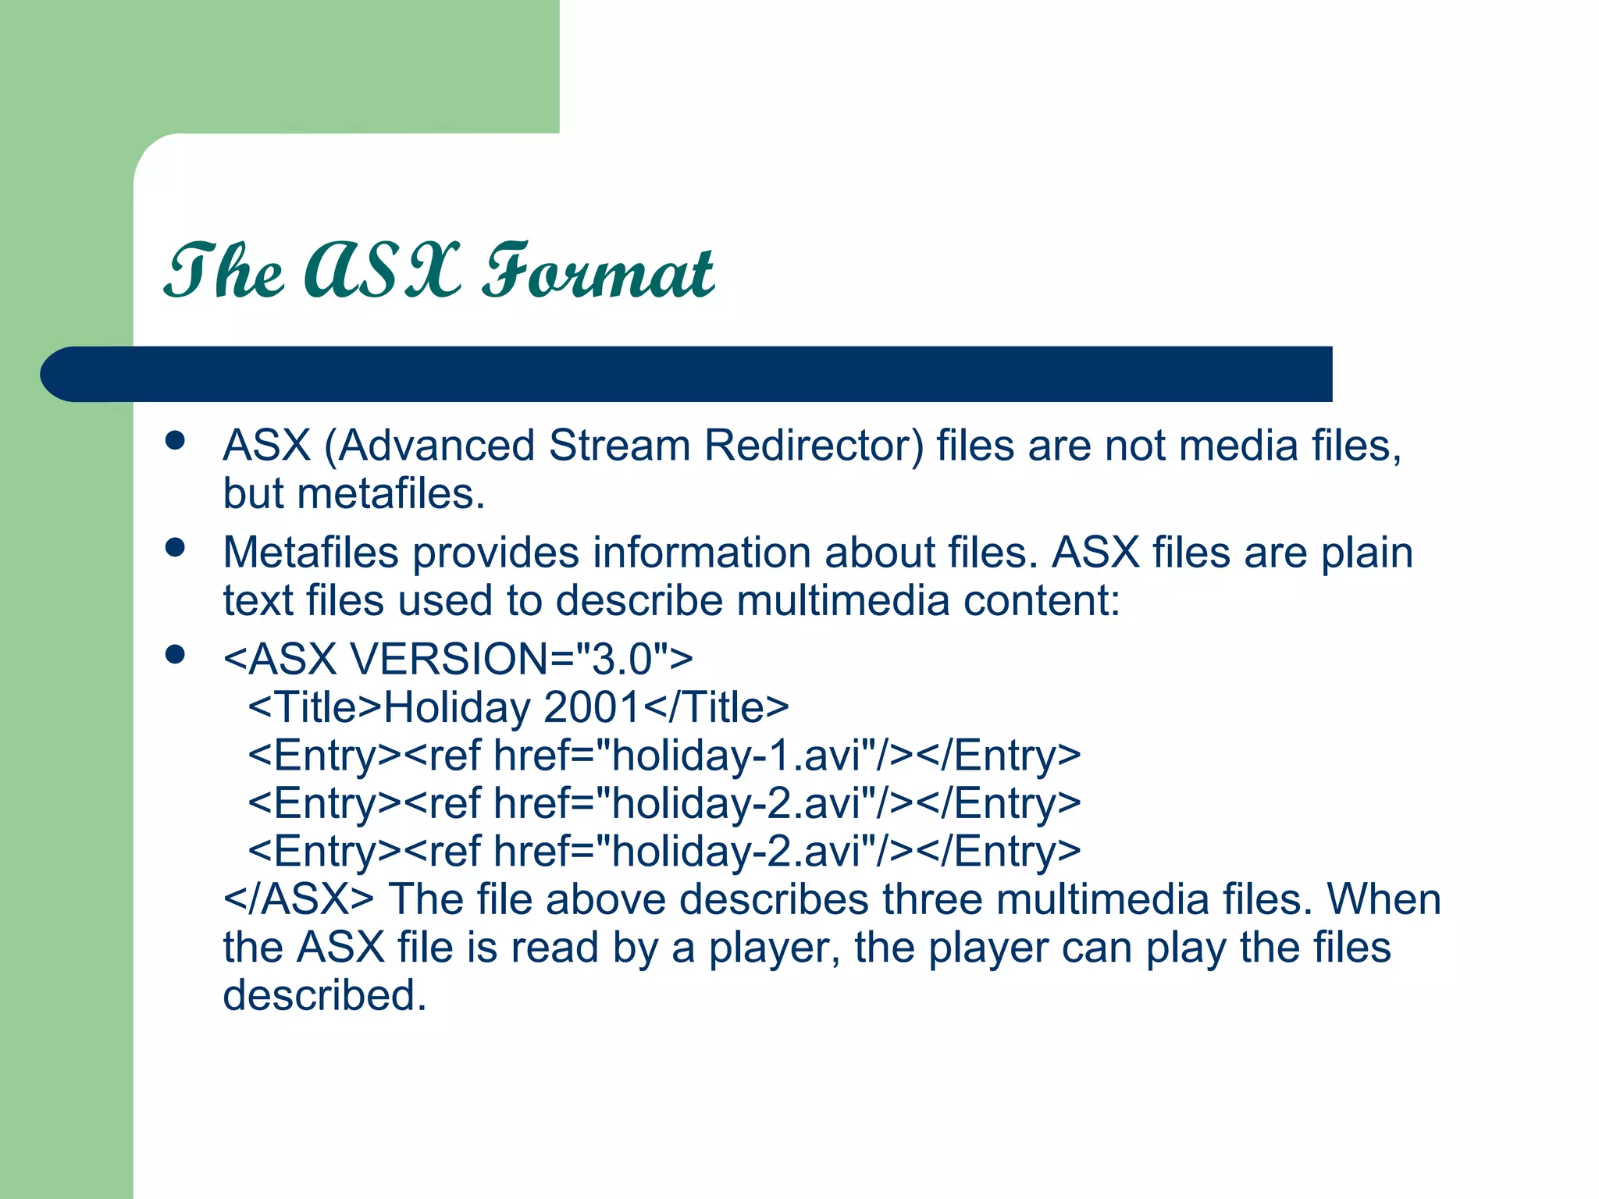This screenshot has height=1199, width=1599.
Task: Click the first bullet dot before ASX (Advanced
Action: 176,441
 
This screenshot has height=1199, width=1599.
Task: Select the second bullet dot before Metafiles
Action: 176,548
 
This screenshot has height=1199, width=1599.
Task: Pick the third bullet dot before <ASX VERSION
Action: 176,654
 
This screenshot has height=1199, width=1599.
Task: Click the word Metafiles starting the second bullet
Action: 311,553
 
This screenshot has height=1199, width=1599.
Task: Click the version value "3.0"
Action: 622,659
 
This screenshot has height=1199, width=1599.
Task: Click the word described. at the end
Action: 325,996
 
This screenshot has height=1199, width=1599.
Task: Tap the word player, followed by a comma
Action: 774,948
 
